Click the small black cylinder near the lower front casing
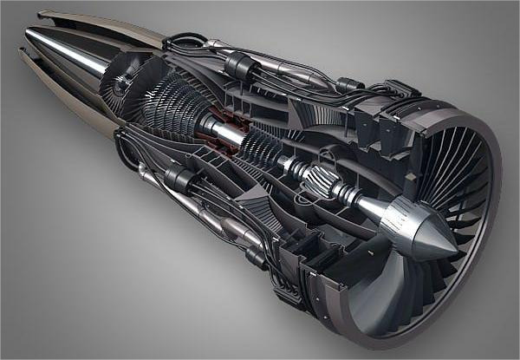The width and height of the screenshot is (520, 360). pyautogui.click(x=257, y=257)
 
